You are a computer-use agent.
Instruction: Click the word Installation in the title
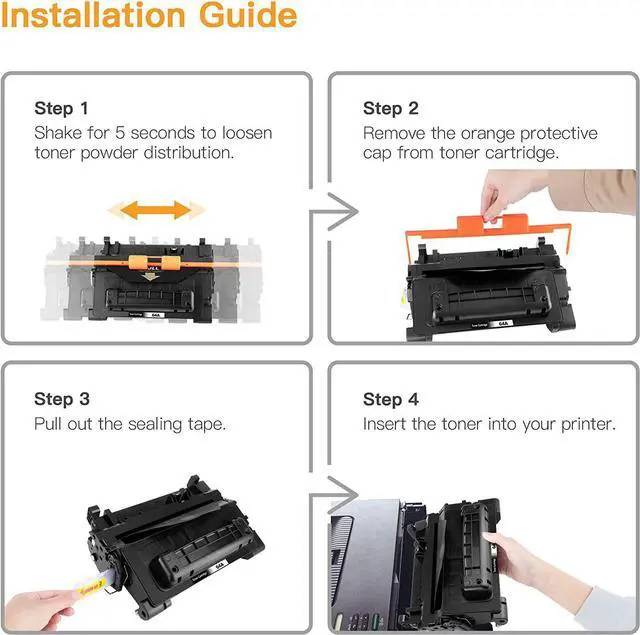click(93, 16)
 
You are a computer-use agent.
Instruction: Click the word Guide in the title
click(248, 16)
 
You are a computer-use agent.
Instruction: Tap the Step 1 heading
click(61, 109)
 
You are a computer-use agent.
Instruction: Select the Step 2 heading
click(391, 109)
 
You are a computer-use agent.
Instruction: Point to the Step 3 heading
click(62, 399)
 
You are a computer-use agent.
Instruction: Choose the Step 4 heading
click(391, 399)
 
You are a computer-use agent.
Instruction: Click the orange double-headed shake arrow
click(156, 210)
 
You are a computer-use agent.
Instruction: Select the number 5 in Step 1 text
click(120, 133)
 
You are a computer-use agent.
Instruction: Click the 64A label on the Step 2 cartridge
click(503, 324)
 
